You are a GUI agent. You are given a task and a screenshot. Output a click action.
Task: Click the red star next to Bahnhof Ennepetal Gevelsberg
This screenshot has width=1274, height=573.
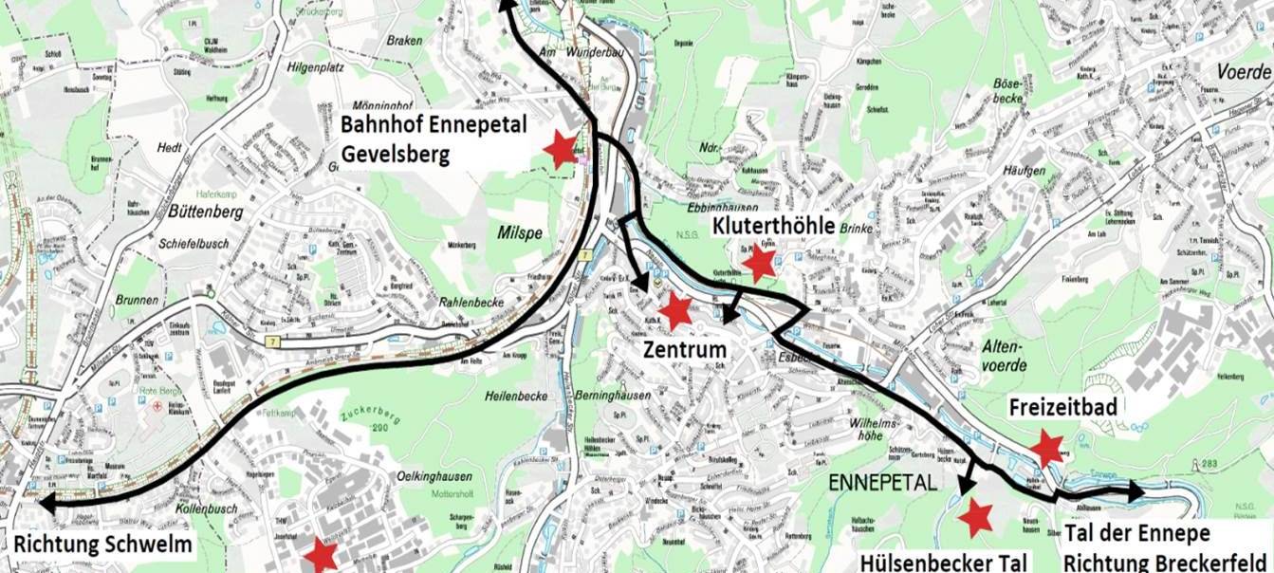(x=561, y=148)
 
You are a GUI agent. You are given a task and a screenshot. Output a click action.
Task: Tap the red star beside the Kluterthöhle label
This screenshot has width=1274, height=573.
(x=759, y=263)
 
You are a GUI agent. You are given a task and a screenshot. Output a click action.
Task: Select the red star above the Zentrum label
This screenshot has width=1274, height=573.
(x=675, y=310)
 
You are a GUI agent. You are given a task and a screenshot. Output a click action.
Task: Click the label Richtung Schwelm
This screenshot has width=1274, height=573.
(x=103, y=545)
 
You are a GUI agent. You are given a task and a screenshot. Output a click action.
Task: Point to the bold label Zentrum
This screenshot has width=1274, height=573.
(x=684, y=349)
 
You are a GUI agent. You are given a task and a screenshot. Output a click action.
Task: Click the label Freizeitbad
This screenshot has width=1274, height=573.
(x=1062, y=406)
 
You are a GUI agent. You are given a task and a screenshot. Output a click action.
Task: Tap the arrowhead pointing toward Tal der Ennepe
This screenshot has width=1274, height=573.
(x=1135, y=491)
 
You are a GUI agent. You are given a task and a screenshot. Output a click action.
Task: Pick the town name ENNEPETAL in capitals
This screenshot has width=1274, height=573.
(x=882, y=482)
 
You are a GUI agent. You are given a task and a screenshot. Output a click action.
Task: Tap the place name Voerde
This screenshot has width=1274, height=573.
(x=1243, y=72)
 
